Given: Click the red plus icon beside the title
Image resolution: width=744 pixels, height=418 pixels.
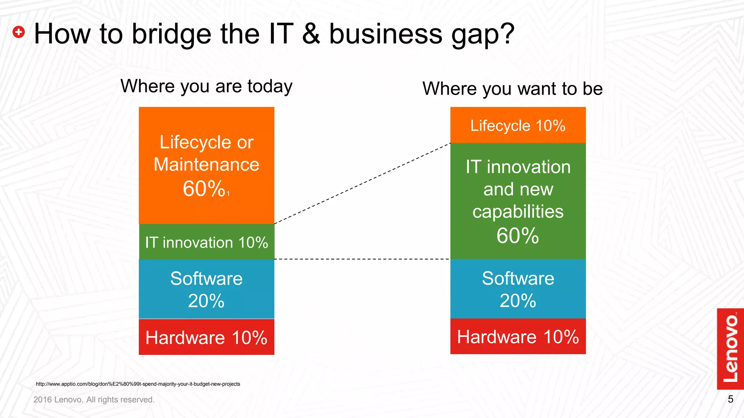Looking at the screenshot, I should coord(19,32).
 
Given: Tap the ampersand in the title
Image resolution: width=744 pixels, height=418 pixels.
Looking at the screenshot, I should coord(311,34).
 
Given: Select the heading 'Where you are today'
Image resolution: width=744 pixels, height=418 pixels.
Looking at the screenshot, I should coord(206,86).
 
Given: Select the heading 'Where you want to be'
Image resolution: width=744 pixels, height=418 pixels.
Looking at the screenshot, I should coord(512,89).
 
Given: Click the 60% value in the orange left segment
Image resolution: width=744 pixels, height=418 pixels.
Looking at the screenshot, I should coord(204,189).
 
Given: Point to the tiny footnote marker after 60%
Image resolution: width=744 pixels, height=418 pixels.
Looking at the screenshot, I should coord(229,194).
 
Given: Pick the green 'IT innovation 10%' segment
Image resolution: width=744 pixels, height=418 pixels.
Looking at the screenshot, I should coord(206,242).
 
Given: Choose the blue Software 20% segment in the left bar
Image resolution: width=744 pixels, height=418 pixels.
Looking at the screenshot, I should coord(206,289).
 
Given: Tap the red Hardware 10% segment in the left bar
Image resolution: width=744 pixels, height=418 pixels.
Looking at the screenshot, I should coord(206,337).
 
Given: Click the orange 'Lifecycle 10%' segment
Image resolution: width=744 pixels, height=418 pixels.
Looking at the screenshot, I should coord(518,126).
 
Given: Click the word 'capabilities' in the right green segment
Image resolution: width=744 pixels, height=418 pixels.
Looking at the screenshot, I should coord(518,212).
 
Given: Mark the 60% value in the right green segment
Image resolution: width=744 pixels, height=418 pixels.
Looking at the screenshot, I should coord(518,236).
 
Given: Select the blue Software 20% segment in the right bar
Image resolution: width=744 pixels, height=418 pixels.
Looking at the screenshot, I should coord(518,289).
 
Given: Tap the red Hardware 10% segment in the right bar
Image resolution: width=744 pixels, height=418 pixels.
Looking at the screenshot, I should coord(518,337).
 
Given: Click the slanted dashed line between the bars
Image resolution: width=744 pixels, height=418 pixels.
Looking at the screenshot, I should coord(362,184).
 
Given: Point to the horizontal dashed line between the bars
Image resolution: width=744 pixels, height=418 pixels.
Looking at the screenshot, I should coord(362,259).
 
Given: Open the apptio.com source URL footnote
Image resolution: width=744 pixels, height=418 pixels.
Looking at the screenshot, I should coord(138,384).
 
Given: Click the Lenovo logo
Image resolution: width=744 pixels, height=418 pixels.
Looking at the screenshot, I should coord(730,349).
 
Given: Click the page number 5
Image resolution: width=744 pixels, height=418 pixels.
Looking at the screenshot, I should coord(730,399).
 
